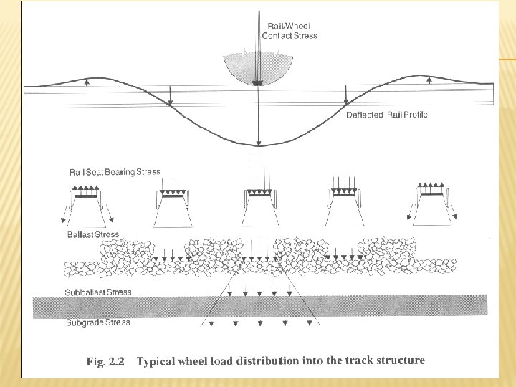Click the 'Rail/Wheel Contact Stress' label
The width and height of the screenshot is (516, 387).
[289, 31]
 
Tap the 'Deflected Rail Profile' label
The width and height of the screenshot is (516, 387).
[386, 115]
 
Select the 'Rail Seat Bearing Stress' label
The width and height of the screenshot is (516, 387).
[114, 172]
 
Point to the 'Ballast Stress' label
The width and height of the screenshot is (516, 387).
[92, 234]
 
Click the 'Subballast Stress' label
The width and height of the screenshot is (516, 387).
[98, 292]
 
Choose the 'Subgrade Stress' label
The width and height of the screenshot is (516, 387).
[97, 322]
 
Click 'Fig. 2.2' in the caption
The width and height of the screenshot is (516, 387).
[105, 362]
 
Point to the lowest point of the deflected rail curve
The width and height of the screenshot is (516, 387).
[259, 145]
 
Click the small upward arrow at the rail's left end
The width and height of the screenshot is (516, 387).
[87, 82]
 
